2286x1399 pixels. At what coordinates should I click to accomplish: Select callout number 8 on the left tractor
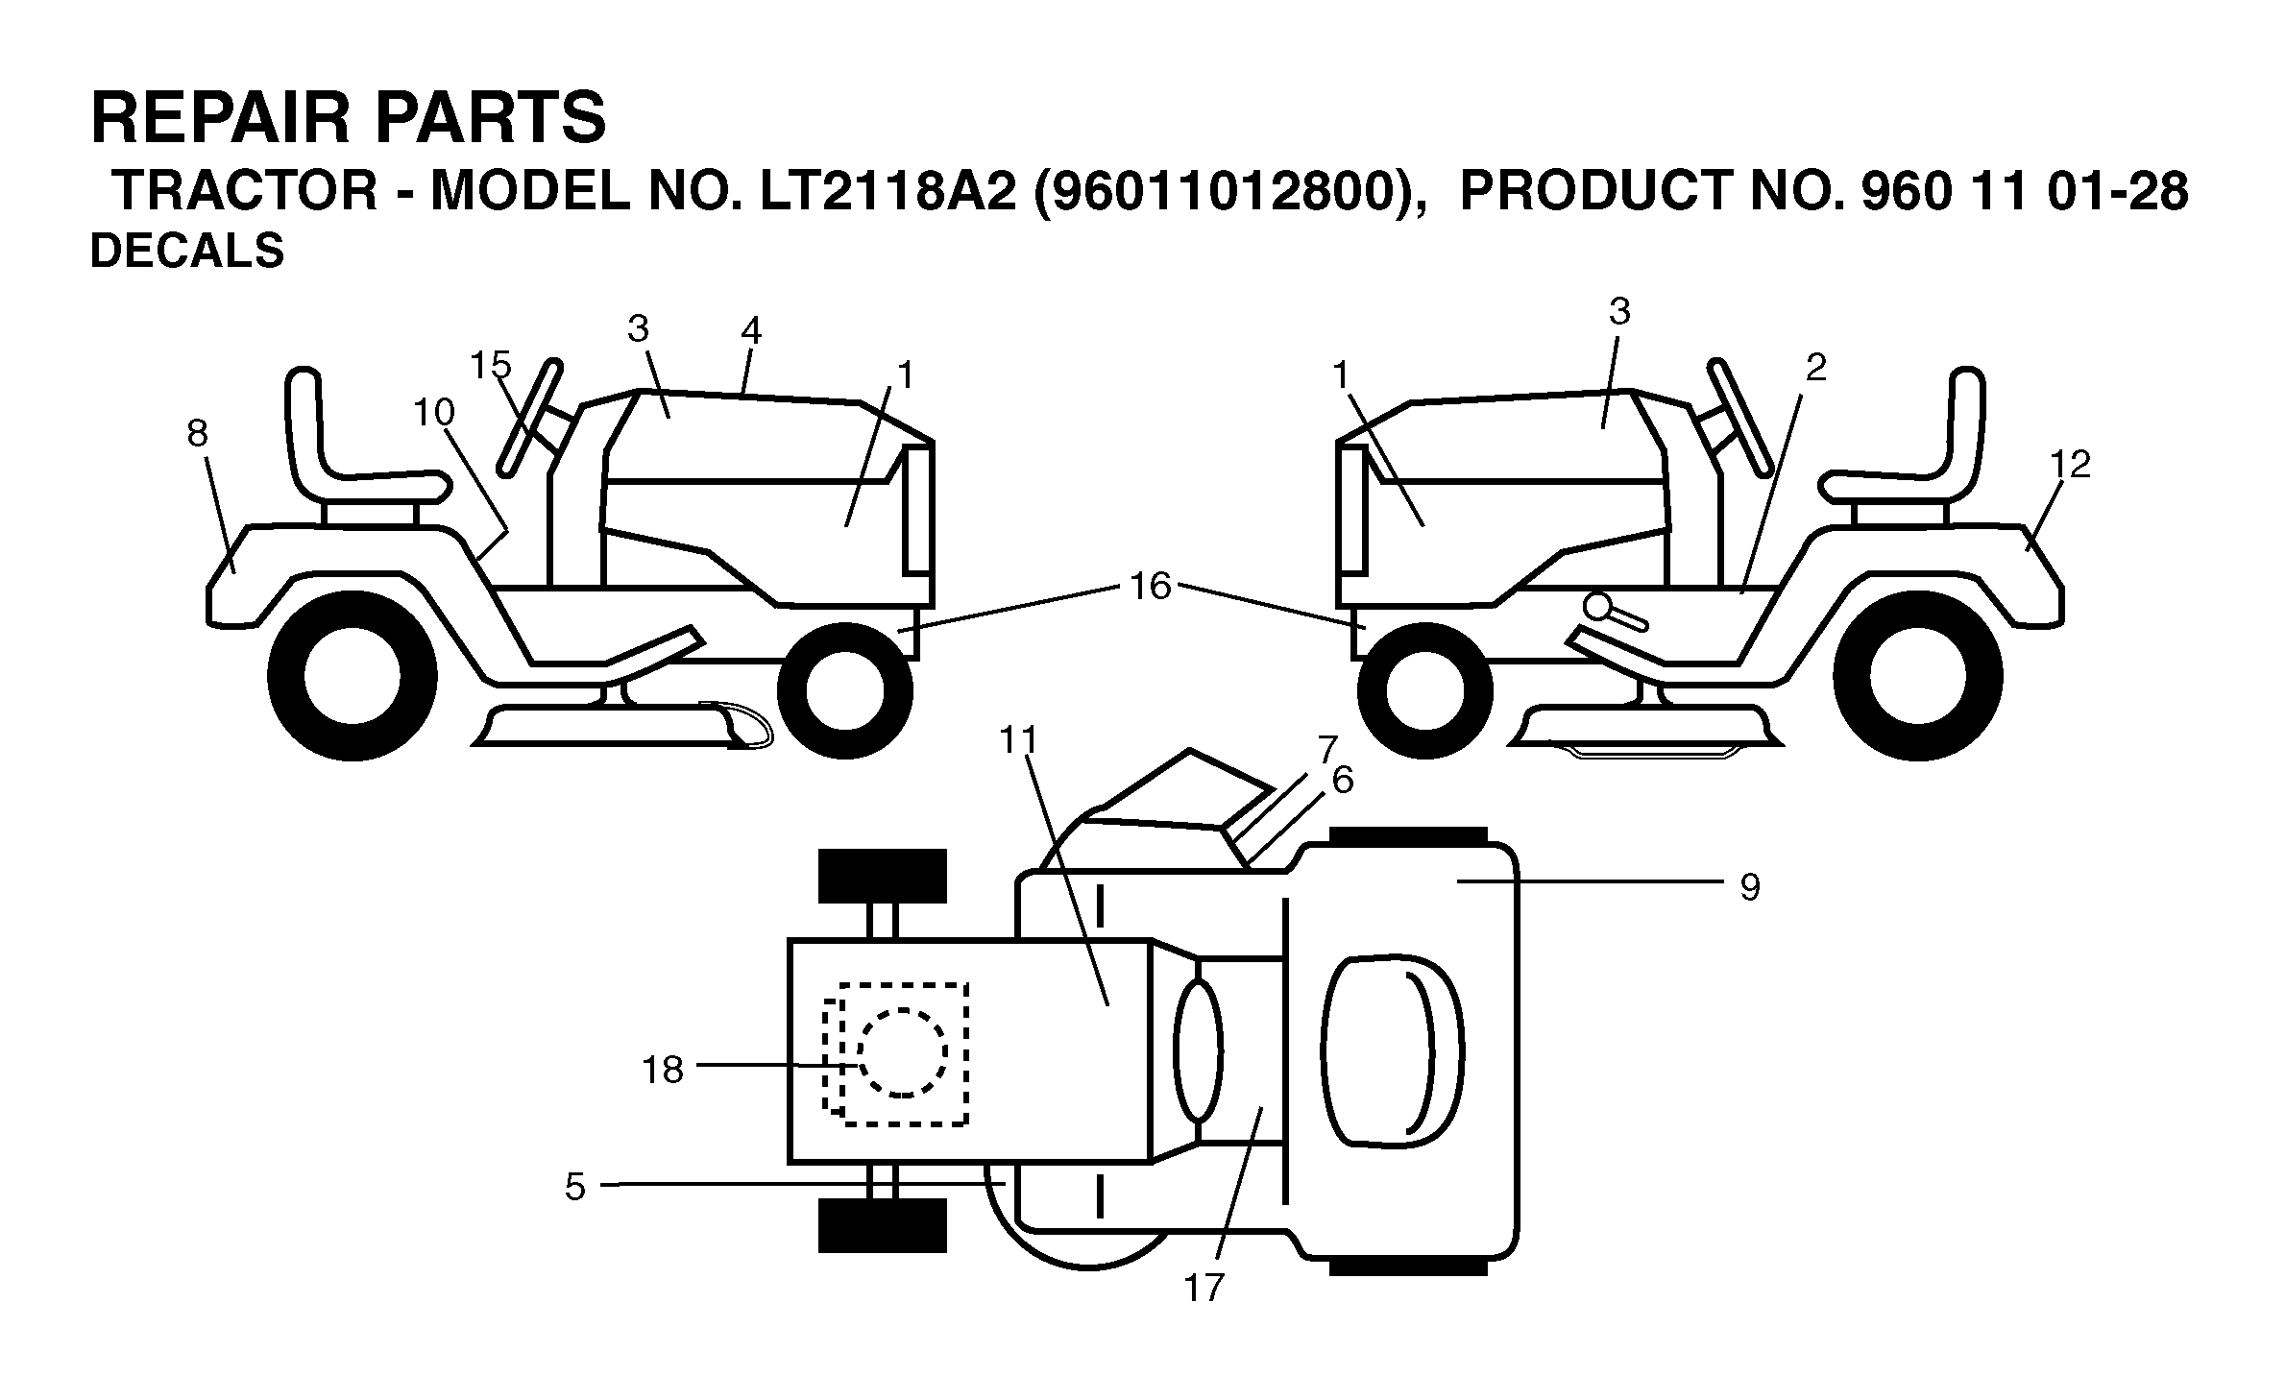tap(197, 434)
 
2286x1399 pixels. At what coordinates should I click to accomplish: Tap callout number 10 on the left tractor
tap(433, 412)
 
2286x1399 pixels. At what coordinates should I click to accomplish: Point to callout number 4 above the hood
tap(751, 331)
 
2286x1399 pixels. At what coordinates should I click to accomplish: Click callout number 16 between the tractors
tap(1151, 585)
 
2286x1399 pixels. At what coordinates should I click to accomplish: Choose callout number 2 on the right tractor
tap(1815, 367)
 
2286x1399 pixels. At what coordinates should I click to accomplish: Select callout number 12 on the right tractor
tap(2070, 465)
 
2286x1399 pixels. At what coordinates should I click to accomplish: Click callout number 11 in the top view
tap(1019, 739)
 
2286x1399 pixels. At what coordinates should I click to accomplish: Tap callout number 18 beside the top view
tap(662, 1070)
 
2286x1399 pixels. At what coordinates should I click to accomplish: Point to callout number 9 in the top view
tap(1750, 887)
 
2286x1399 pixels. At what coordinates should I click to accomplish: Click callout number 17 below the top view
tap(1204, 1288)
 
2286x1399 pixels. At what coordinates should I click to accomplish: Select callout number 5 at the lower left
tap(574, 1188)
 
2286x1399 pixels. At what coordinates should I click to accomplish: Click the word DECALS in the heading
tap(187, 252)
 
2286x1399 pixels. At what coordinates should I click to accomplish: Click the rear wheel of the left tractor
tap(353, 675)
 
